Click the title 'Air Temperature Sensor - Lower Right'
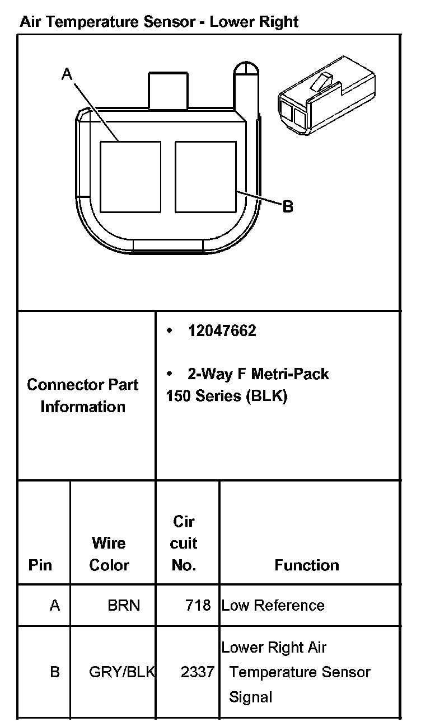(x=159, y=22)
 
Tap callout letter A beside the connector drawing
(x=67, y=74)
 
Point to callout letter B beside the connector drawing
(x=288, y=206)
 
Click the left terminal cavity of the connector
(x=130, y=177)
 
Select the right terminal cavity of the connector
(x=205, y=177)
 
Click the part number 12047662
(x=222, y=331)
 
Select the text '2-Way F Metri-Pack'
(x=258, y=374)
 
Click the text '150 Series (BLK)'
(x=227, y=396)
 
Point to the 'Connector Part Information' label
(x=83, y=395)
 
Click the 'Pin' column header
(x=40, y=565)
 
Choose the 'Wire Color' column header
(x=109, y=554)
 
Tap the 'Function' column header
(x=307, y=565)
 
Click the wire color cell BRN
(x=124, y=605)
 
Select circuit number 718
(x=198, y=605)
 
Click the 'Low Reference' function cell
(x=273, y=605)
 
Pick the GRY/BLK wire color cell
(x=122, y=672)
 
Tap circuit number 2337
(x=198, y=672)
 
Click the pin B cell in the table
(x=55, y=672)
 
